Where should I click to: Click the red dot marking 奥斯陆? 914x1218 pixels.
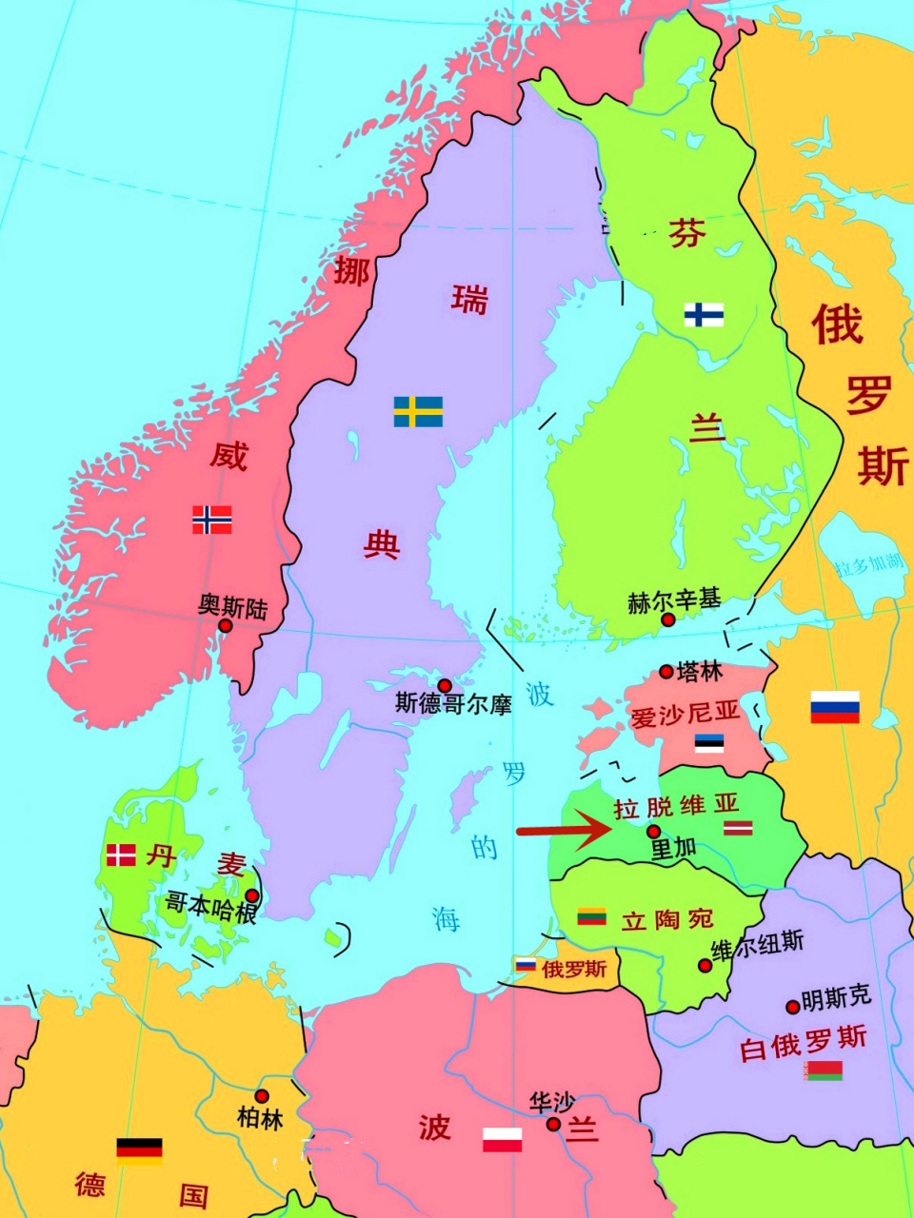pos(226,625)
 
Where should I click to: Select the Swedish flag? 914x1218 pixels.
pos(418,412)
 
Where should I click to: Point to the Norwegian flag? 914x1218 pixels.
pos(212,520)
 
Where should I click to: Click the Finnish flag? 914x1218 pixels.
pos(704,314)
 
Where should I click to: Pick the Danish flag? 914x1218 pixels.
pos(121,855)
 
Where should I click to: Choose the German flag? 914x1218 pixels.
pos(139,1151)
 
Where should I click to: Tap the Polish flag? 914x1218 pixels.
pos(502,1139)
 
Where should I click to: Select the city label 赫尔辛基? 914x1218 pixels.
pos(674,600)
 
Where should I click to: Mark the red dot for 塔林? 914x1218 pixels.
pos(666,672)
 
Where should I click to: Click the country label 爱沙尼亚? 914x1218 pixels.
pos(685,713)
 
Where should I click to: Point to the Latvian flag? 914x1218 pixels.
pos(738,827)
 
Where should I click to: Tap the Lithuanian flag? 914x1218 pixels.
pos(592,916)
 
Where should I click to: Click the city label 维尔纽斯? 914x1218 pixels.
pos(758,944)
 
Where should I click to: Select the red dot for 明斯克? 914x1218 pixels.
pos(792,1007)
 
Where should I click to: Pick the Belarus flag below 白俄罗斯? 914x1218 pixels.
pos(824,1071)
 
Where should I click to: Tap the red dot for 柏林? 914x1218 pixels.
pos(262,1096)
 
